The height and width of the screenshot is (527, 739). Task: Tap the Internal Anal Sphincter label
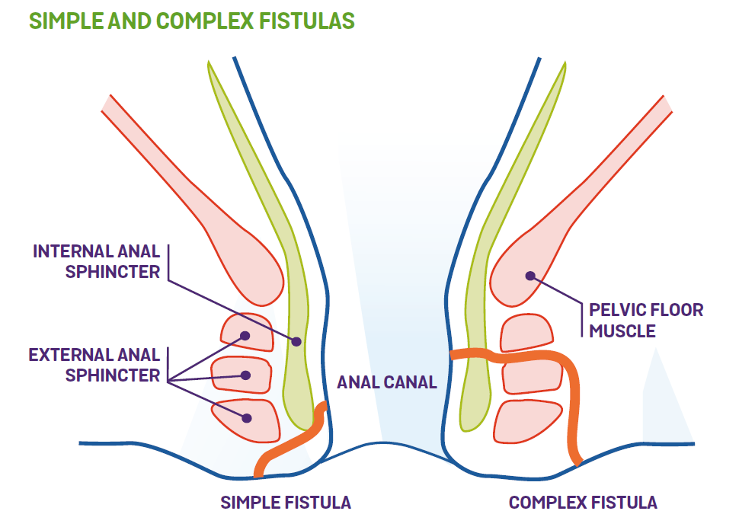pyautogui.click(x=97, y=261)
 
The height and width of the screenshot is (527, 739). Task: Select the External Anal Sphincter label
pyautogui.click(x=94, y=364)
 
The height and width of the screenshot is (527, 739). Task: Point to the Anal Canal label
pyautogui.click(x=387, y=382)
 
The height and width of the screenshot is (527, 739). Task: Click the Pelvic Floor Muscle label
pyautogui.click(x=645, y=320)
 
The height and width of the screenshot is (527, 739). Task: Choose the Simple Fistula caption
pyautogui.click(x=286, y=503)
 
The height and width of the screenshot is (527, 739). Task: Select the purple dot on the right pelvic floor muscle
pyautogui.click(x=529, y=276)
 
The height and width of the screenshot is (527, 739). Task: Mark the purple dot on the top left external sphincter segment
pyautogui.click(x=245, y=335)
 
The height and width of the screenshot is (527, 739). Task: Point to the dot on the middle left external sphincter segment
pyautogui.click(x=245, y=375)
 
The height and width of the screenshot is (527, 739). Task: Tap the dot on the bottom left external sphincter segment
pyautogui.click(x=246, y=417)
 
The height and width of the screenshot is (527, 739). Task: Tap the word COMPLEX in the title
pyautogui.click(x=205, y=21)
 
